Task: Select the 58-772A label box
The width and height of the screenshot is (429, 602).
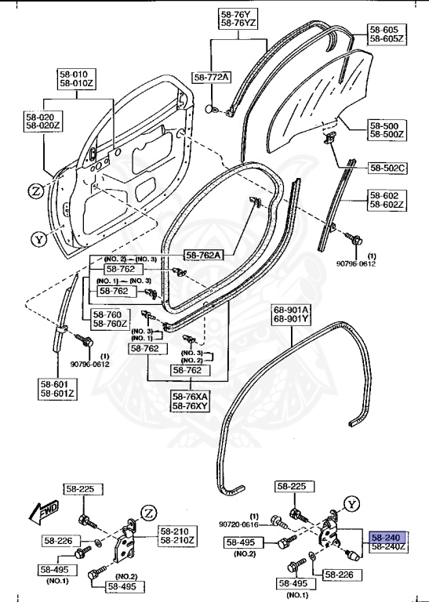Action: tap(212, 77)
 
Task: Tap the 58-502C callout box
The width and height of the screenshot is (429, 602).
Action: tap(387, 167)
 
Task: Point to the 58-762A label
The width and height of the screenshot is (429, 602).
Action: tap(204, 254)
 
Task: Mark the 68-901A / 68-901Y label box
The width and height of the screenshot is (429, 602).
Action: tap(291, 314)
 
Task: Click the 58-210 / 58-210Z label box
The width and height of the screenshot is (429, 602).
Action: tap(177, 535)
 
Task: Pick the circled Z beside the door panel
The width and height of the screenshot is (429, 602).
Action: tap(36, 190)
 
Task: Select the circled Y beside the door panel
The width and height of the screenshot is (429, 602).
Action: tap(37, 239)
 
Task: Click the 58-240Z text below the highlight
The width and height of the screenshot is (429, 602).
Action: tap(388, 547)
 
